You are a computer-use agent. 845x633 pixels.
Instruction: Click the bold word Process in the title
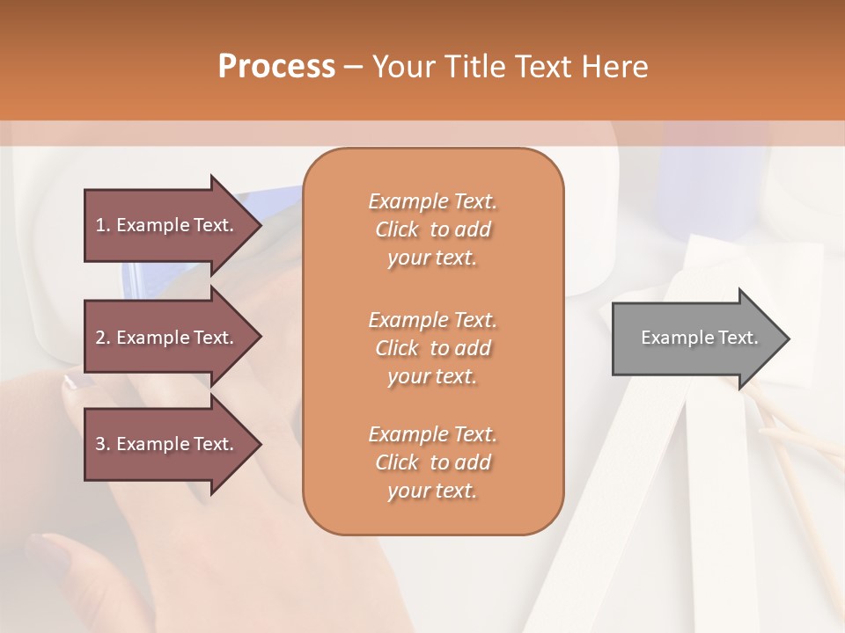tap(276, 67)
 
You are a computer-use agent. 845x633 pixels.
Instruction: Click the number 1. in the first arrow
tap(103, 225)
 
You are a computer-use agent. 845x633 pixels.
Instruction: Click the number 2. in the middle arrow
tap(103, 338)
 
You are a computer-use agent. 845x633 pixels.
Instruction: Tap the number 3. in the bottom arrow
tap(103, 444)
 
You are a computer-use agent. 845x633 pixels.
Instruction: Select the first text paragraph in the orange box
tap(432, 229)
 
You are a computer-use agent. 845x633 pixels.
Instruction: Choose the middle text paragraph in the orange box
tap(432, 347)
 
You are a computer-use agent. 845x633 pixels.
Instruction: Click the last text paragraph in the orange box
tap(432, 462)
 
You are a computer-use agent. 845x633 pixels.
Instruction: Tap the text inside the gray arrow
tap(699, 338)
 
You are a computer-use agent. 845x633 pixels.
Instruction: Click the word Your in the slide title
tap(402, 67)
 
